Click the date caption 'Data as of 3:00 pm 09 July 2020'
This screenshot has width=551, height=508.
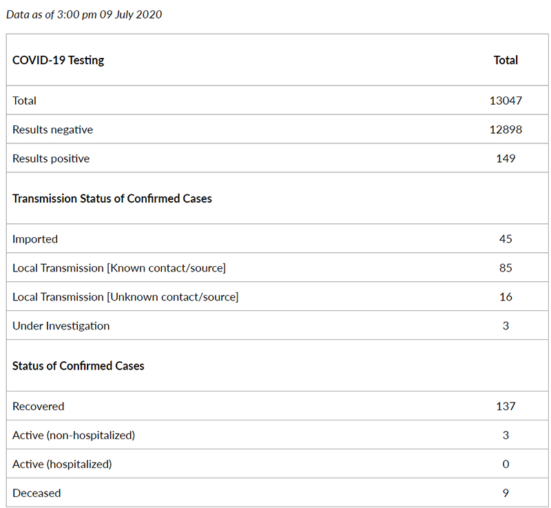click(x=84, y=14)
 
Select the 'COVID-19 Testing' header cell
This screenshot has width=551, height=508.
click(x=59, y=60)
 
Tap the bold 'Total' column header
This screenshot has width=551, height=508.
click(x=506, y=60)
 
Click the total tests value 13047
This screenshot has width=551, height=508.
click(x=506, y=101)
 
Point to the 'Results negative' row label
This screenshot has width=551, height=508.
click(x=52, y=130)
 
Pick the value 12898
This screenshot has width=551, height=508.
click(x=506, y=130)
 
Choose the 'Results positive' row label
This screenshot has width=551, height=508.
click(x=51, y=159)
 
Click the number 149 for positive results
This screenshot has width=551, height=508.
click(x=506, y=159)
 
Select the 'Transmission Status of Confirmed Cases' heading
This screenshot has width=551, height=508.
click(x=112, y=199)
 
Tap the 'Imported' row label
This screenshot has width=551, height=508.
click(x=35, y=239)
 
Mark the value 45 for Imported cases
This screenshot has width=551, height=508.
click(x=506, y=239)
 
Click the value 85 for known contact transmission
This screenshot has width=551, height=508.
click(x=506, y=268)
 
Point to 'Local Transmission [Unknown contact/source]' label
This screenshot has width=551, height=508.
click(x=125, y=297)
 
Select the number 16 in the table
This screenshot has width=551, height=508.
click(x=506, y=297)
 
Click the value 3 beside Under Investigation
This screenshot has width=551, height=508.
click(x=506, y=326)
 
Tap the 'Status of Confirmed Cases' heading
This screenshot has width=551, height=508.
click(x=79, y=366)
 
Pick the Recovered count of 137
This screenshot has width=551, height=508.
click(x=506, y=407)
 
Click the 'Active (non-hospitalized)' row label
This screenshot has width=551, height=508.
click(x=74, y=436)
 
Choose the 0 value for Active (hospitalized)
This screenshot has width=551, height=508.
click(x=506, y=465)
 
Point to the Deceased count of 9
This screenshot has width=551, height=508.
click(x=506, y=494)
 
